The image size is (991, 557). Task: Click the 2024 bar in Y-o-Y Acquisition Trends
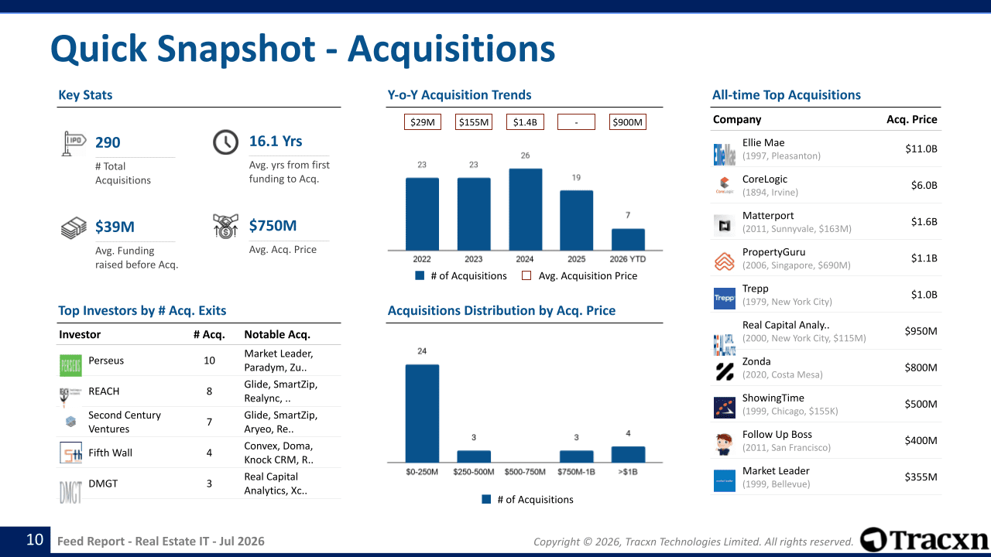coord(525,210)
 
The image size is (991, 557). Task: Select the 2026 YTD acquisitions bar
coord(628,240)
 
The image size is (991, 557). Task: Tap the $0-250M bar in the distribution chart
coord(422,413)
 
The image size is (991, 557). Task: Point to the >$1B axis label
coord(628,472)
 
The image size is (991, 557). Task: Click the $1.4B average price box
coord(525,122)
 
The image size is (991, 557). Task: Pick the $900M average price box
coord(628,122)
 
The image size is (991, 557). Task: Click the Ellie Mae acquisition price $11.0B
coord(921,149)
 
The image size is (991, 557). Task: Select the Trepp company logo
coord(724,299)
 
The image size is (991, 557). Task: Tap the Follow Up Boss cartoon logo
coord(724,444)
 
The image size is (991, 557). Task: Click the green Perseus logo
coord(70,366)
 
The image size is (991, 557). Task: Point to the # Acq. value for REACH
coord(209,391)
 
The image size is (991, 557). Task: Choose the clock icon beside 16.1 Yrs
coord(225,142)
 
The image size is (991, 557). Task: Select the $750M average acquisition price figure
coord(273,225)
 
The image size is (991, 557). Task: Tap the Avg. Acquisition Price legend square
coord(526,276)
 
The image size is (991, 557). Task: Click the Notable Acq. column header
coord(277,335)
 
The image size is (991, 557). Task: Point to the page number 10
coord(35,540)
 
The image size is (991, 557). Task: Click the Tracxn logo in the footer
coord(924,540)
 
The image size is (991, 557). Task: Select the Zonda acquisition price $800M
coord(921,367)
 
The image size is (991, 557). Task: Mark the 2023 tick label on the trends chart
coord(473,259)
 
